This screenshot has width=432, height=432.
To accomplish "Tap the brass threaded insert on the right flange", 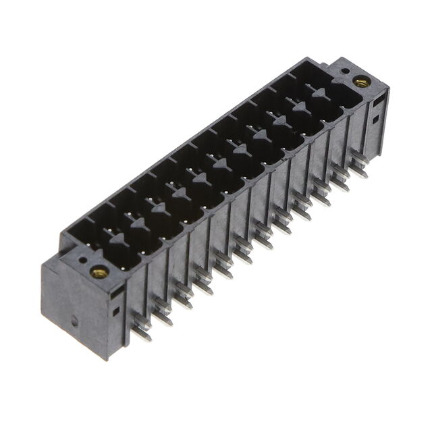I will (x=360, y=82).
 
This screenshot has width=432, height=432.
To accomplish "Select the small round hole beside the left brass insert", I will (x=82, y=258).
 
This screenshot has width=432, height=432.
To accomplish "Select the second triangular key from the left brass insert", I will (x=159, y=209).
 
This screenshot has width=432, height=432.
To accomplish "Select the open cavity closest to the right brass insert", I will (x=334, y=95).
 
